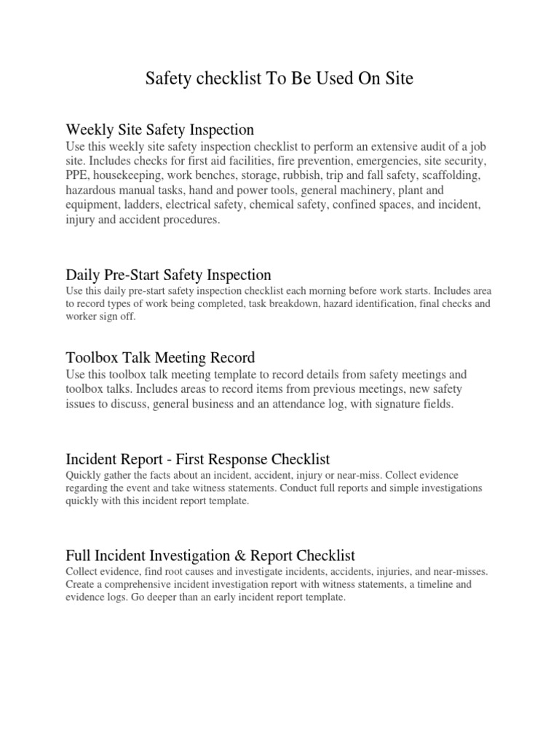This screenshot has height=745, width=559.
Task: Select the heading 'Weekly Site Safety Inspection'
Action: tap(159, 130)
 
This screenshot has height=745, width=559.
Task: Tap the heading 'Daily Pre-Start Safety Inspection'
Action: tap(168, 275)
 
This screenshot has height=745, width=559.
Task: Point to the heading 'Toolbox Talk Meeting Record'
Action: tap(160, 357)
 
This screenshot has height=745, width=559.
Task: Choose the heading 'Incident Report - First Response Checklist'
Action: tap(197, 459)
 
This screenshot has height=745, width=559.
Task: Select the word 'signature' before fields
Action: tap(389, 405)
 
